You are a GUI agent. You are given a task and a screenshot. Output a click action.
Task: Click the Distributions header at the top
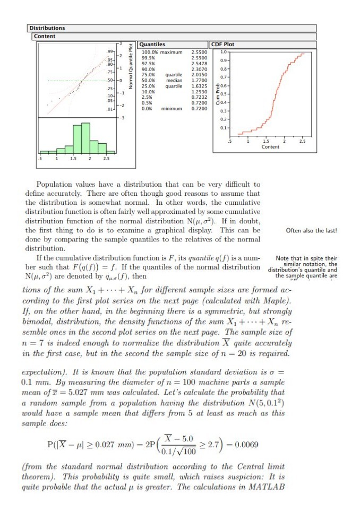(x=47, y=28)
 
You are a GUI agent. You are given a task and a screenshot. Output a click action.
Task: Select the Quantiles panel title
(x=152, y=45)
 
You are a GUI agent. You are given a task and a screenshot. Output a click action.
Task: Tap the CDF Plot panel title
(x=222, y=45)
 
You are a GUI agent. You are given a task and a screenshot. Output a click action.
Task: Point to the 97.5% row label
(x=148, y=64)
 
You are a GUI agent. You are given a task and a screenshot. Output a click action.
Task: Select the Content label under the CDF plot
(x=270, y=147)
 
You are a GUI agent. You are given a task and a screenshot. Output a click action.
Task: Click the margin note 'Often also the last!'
(x=311, y=230)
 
